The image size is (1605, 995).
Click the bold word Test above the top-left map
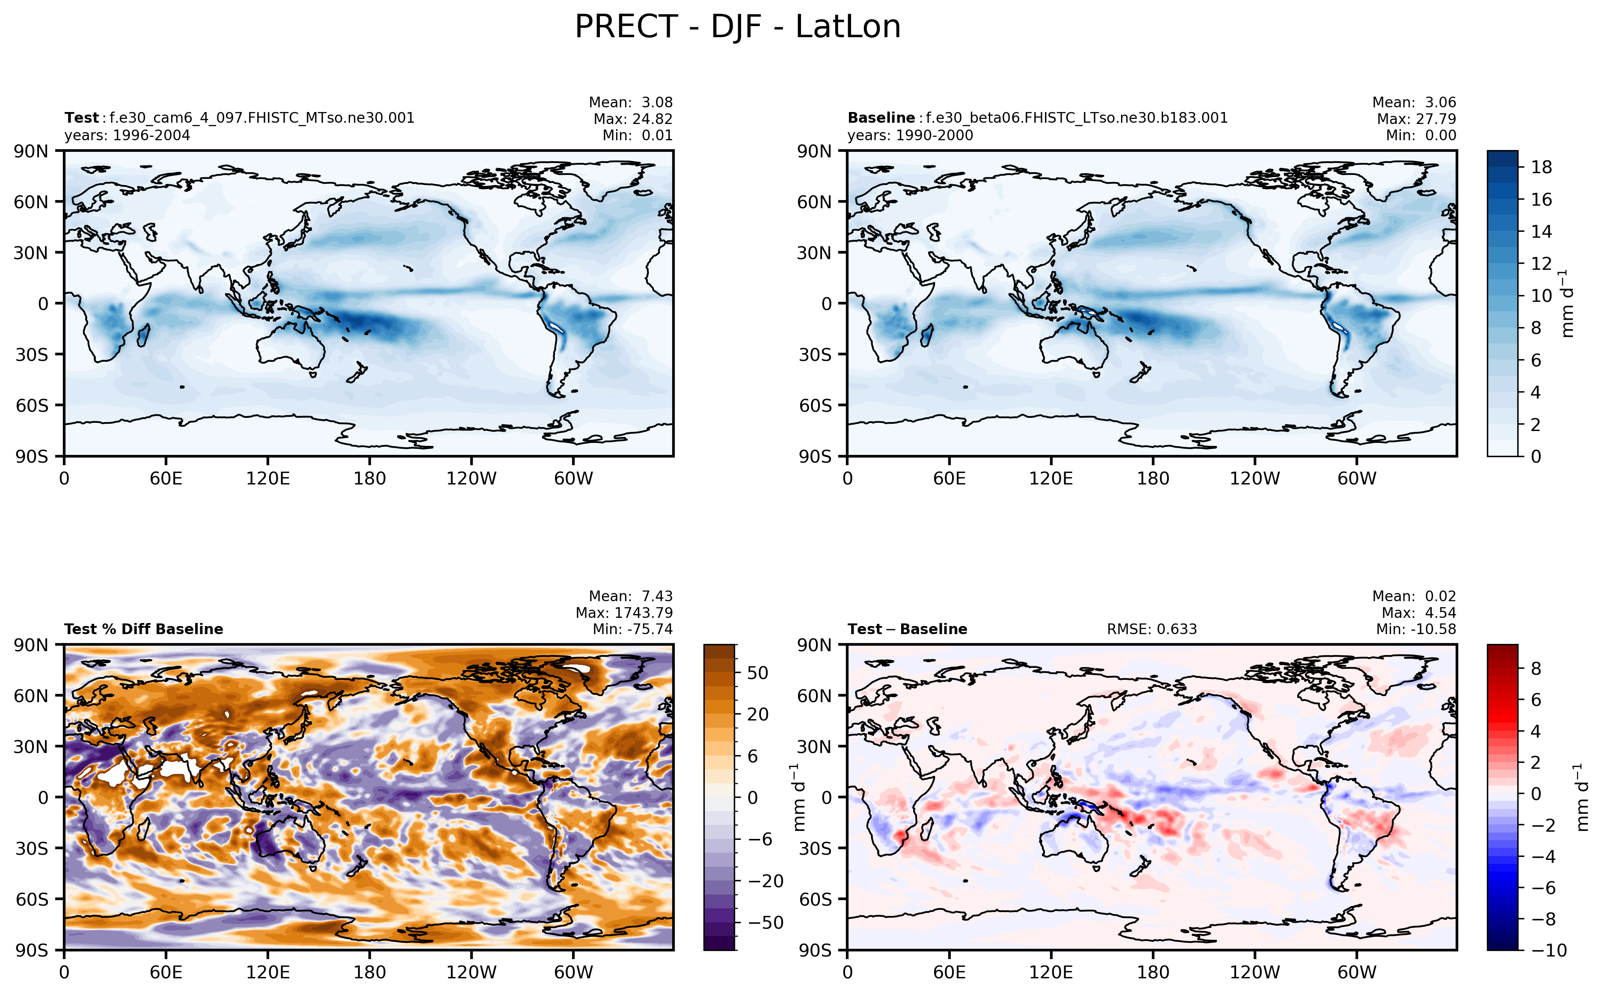tap(82, 118)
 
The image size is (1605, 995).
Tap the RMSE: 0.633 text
tap(1151, 629)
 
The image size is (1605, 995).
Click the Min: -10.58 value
tap(1415, 629)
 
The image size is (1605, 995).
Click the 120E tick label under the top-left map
tap(267, 478)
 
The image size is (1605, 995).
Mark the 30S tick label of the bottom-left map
tap(32, 848)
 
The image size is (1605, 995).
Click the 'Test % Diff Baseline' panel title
tap(143, 629)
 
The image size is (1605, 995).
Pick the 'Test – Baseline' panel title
tap(907, 629)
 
